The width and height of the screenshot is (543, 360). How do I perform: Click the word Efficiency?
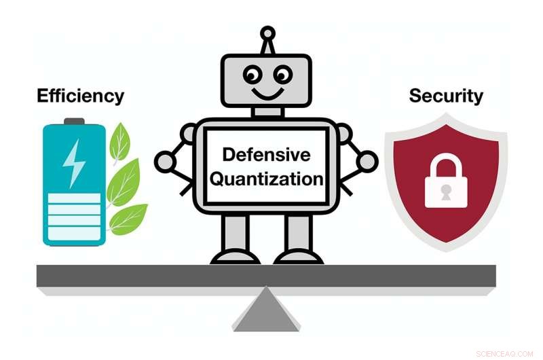(80, 96)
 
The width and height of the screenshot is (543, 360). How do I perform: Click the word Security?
(446, 96)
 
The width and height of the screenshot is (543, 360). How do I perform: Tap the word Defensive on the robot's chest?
(266, 155)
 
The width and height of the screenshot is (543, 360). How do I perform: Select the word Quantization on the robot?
(267, 179)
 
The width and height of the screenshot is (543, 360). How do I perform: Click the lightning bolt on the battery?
(74, 163)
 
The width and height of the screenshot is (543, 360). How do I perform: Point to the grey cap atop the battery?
(74, 122)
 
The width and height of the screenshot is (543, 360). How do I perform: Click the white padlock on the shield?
(446, 181)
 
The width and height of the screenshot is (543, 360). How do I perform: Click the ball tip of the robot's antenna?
(267, 33)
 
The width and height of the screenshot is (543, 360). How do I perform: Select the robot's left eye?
(252, 75)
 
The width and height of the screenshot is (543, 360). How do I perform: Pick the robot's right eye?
(282, 75)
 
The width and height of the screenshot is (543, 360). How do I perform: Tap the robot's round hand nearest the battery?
(165, 162)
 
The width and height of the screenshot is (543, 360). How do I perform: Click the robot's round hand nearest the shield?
(367, 162)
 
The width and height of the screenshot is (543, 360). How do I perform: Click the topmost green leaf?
(119, 142)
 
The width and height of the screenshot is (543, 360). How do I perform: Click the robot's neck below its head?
(267, 112)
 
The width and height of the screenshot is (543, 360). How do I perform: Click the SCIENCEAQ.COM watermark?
(504, 354)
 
